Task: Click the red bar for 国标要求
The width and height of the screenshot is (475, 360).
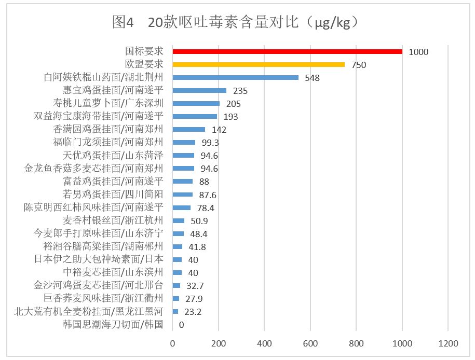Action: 287,51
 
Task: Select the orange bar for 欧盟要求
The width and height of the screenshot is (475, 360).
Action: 259,64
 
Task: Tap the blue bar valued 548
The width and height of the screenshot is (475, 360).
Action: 235,77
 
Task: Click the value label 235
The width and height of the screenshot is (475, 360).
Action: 240,91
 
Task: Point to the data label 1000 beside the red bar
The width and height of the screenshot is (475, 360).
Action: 418,52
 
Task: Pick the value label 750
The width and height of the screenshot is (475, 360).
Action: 359,65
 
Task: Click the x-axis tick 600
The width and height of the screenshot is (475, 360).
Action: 310,343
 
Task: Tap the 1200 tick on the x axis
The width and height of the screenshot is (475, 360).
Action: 448,343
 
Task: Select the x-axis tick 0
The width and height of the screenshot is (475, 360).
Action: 173,343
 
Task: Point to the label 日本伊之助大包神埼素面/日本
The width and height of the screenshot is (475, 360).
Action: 99,259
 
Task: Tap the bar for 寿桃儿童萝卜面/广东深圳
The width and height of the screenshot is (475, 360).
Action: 196,103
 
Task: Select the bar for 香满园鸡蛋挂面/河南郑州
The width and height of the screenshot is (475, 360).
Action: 188,129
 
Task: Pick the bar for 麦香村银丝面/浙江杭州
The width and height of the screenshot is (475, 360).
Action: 178,220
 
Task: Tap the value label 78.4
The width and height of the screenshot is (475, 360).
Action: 205,207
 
